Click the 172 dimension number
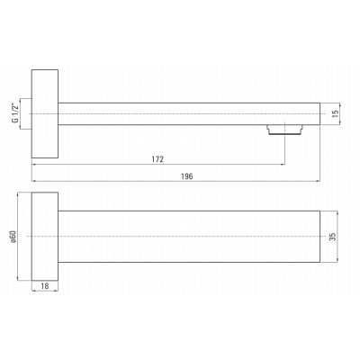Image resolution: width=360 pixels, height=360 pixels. click(x=157, y=159)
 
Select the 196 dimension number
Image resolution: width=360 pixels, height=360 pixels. click(x=186, y=176)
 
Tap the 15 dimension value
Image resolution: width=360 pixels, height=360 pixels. click(x=336, y=113)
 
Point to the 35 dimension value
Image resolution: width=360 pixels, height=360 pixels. click(x=332, y=237)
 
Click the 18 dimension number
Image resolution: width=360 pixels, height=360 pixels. click(x=45, y=286)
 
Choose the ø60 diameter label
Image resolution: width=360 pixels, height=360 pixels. click(x=13, y=237)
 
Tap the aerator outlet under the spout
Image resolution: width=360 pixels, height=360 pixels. click(x=284, y=130)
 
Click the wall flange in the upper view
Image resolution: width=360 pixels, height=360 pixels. click(x=45, y=113)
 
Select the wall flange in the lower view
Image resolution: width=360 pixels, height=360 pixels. click(x=45, y=237)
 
